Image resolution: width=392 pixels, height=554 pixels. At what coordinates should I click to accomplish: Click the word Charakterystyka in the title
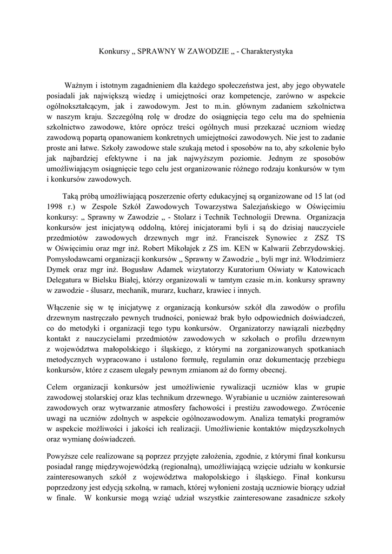(267, 52)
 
